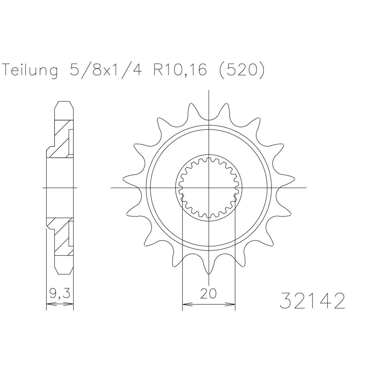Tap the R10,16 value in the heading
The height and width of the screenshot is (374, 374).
[x=180, y=69]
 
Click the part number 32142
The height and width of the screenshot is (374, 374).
[x=312, y=304]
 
